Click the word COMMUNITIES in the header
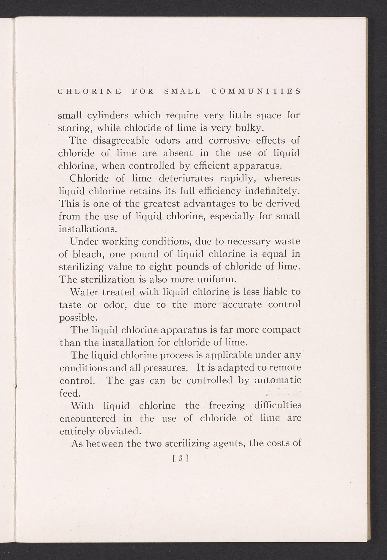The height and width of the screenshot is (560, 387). (256, 91)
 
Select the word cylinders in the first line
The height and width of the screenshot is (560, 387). (105, 115)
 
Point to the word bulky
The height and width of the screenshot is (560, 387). (251, 128)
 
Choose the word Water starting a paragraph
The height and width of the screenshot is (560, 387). (84, 292)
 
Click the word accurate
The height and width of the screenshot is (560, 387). (243, 305)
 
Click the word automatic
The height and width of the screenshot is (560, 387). (278, 380)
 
